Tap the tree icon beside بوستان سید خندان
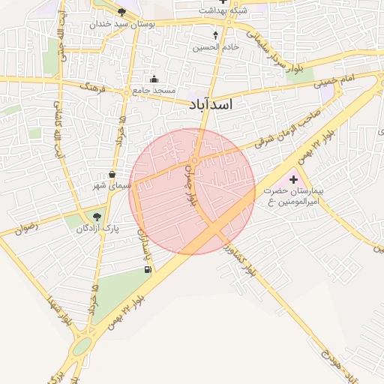122,12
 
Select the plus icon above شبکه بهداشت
222,2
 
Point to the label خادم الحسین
216,46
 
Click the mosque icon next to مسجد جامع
154,79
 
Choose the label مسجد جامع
154,90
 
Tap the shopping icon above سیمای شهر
112,174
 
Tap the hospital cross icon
293,180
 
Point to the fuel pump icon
146,269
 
